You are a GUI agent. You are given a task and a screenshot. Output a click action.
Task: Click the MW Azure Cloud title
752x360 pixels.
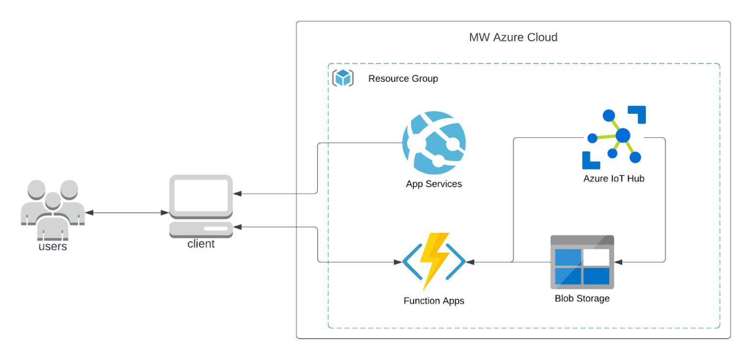click(x=513, y=37)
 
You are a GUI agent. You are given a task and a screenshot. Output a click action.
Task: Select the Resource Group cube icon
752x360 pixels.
click(x=343, y=78)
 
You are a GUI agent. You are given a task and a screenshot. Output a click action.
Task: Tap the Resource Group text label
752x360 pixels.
click(x=403, y=78)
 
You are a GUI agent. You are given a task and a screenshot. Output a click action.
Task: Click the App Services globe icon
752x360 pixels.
click(x=434, y=143)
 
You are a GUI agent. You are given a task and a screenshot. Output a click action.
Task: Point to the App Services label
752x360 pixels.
click(x=434, y=184)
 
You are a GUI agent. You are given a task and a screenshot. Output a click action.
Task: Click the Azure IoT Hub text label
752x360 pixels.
click(x=614, y=179)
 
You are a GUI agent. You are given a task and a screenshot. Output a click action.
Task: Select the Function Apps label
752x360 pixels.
click(x=434, y=301)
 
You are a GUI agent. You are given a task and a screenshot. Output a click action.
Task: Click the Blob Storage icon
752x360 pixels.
click(x=582, y=262)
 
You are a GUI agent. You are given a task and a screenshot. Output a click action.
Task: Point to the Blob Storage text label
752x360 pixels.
click(x=582, y=298)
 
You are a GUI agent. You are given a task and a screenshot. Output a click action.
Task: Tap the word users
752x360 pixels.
click(x=52, y=246)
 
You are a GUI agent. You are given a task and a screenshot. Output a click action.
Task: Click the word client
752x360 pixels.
click(x=201, y=243)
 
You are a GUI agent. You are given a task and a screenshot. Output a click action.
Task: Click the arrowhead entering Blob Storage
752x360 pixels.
click(x=618, y=262)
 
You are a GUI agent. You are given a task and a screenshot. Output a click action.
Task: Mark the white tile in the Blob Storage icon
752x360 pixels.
click(x=596, y=257)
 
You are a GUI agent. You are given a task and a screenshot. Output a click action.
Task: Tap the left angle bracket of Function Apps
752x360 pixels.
click(x=410, y=262)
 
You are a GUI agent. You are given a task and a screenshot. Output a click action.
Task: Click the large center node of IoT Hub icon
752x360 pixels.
click(x=623, y=135)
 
